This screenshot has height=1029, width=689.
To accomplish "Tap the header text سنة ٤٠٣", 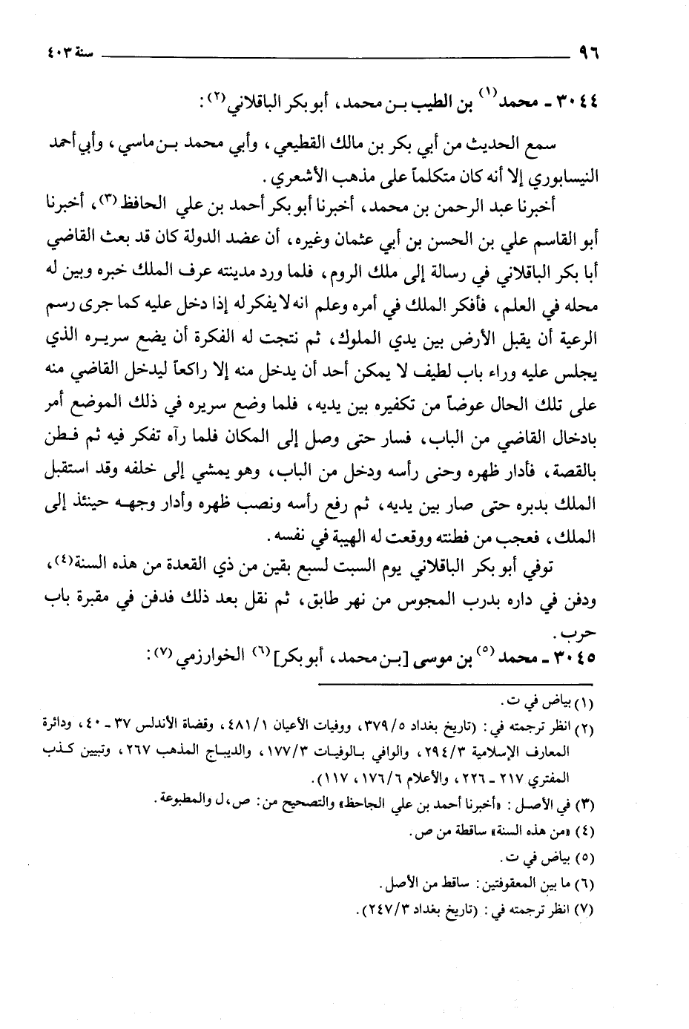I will pos(58,54).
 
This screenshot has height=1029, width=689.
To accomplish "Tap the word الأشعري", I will pos(290,179).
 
